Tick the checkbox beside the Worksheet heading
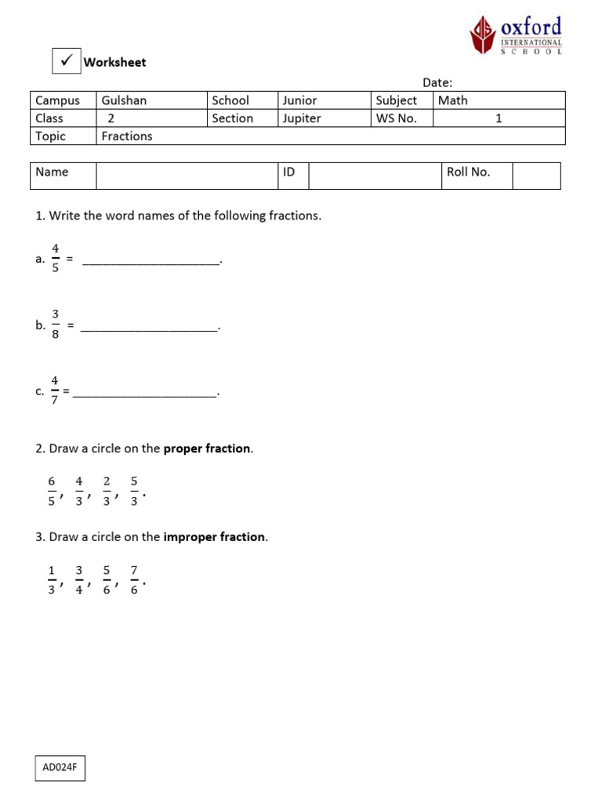[66, 60]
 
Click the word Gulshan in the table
[124, 100]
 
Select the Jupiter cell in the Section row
[302, 118]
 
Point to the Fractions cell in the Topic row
[127, 136]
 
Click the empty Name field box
[187, 176]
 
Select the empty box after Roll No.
[536, 176]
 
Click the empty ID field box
[375, 176]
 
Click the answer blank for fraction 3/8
[149, 326]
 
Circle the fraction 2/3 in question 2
[107, 491]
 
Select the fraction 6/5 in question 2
[52, 491]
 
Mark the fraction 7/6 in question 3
[134, 580]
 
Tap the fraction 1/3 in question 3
[52, 580]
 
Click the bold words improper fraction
[214, 537]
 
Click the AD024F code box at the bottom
[60, 768]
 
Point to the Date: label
[437, 82]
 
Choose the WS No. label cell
[402, 118]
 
